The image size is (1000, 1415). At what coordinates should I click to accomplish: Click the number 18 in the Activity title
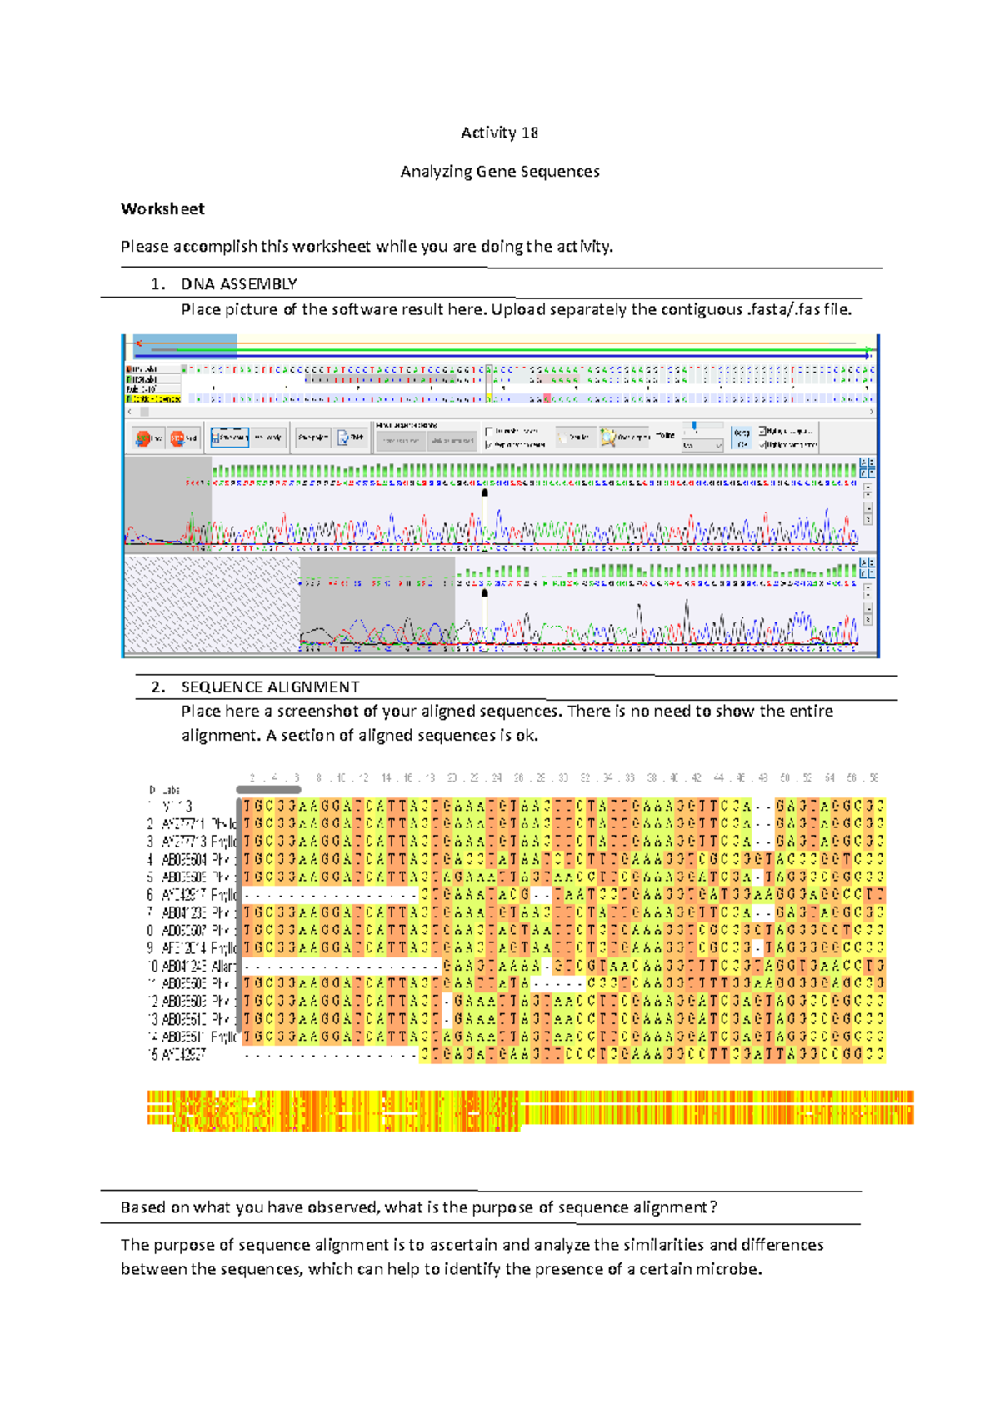pyautogui.click(x=530, y=132)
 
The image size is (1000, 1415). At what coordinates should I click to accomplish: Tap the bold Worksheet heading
pyautogui.click(x=162, y=209)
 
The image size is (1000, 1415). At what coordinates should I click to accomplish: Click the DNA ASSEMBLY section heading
pyautogui.click(x=239, y=284)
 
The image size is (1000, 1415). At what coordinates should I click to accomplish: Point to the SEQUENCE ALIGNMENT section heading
pyautogui.click(x=270, y=687)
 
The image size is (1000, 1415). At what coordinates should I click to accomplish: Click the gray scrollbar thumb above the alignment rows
pyautogui.click(x=268, y=789)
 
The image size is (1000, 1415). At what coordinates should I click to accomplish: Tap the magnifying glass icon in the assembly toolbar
pyautogui.click(x=608, y=437)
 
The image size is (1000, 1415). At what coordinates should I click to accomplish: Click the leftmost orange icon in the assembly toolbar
pyautogui.click(x=143, y=437)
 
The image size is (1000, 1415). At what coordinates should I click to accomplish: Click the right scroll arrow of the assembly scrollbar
pyautogui.click(x=872, y=412)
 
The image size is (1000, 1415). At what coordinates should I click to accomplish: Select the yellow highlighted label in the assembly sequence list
pyautogui.click(x=153, y=399)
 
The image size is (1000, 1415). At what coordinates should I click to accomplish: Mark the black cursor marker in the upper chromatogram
pyautogui.click(x=485, y=492)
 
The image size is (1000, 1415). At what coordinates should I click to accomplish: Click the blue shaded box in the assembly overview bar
pyautogui.click(x=186, y=346)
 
